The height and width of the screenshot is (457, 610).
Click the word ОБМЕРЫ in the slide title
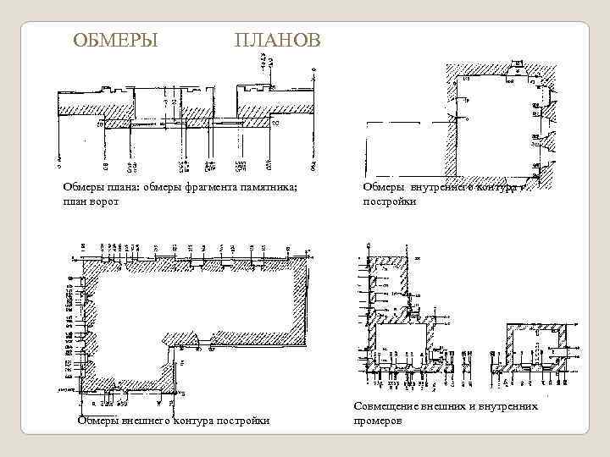tap(115, 41)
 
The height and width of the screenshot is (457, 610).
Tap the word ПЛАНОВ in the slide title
tap(277, 41)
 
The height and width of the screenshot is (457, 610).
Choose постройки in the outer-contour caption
tap(246, 421)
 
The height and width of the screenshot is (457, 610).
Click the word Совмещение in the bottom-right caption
tap(389, 407)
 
